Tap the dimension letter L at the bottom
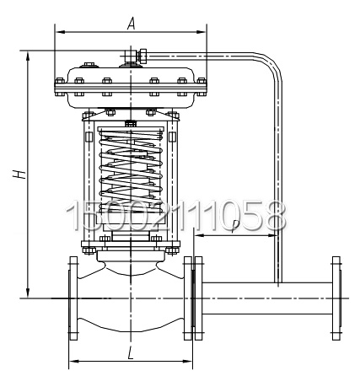[x=130, y=352]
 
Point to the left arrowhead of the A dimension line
[x=58, y=32]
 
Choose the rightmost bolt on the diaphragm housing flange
[x=202, y=82]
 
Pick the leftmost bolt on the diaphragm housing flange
[x=60, y=82]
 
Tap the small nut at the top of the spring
[x=130, y=125]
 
